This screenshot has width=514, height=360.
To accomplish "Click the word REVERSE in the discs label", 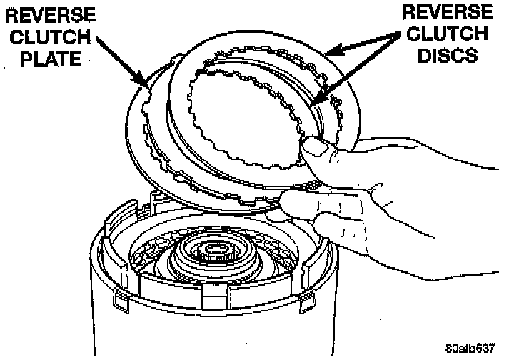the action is click(x=446, y=12).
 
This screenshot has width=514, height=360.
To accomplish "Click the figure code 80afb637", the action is click(x=471, y=349).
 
